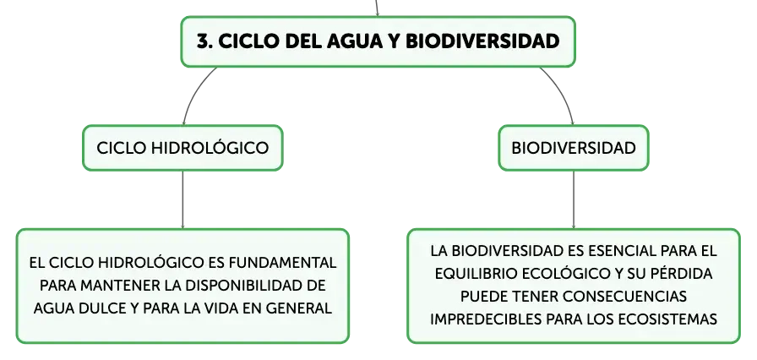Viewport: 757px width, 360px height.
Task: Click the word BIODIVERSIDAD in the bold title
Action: (x=482, y=41)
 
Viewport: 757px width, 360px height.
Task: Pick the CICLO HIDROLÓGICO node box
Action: (x=182, y=148)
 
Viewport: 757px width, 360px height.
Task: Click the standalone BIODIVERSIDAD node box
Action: (x=574, y=148)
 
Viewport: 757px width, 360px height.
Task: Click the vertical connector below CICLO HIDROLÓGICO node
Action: (x=182, y=199)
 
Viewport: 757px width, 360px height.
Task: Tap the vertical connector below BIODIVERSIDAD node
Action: (x=574, y=199)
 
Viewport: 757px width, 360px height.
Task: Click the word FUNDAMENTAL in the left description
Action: (x=282, y=263)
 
